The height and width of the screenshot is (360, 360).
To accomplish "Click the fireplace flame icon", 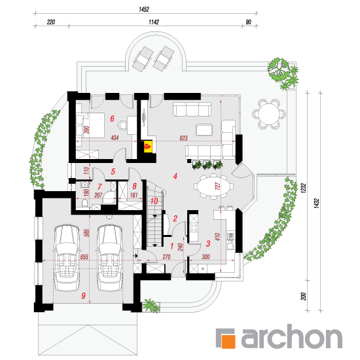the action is click(x=147, y=146).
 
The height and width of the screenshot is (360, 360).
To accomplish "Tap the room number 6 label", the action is click(x=112, y=118).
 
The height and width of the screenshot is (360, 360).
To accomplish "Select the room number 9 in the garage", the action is click(x=83, y=296).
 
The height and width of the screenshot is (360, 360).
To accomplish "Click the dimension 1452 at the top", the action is click(x=144, y=9).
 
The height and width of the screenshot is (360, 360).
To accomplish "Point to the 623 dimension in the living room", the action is click(x=184, y=138).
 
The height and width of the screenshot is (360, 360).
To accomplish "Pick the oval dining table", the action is click(x=213, y=186).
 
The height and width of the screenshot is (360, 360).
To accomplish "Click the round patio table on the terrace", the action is click(x=269, y=114).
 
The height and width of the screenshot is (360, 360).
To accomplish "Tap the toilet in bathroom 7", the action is click(x=84, y=203).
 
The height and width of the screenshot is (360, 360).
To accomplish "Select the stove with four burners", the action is click(x=193, y=227).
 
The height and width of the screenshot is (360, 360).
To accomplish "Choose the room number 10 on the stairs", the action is click(x=154, y=201).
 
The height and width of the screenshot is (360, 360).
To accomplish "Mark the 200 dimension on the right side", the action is click(x=304, y=296).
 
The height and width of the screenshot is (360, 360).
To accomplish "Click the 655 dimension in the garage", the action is click(x=84, y=257).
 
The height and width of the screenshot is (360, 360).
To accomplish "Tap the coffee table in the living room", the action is click(x=204, y=130).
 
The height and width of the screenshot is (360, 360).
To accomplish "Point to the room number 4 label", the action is click(x=175, y=176).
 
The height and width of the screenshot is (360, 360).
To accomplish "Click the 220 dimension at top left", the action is click(x=51, y=22).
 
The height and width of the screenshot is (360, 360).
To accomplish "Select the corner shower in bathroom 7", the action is click(x=109, y=198).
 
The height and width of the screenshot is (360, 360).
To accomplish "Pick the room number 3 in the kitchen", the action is click(x=208, y=243).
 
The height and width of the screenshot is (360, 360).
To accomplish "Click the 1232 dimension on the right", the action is click(x=304, y=188).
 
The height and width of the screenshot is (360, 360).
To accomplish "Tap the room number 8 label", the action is click(x=135, y=186).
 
